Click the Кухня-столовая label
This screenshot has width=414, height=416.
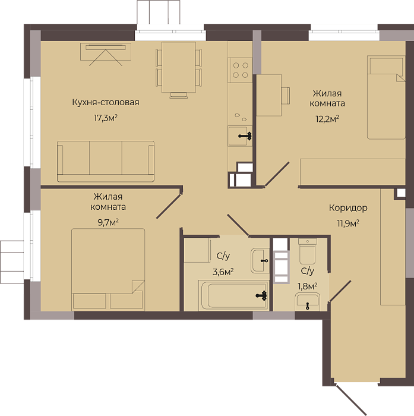tap(106, 102)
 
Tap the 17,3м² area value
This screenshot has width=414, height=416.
tap(106, 118)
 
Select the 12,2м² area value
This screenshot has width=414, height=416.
tap(327, 119)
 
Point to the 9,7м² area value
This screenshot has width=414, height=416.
tap(108, 222)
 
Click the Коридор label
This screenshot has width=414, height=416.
tap(348, 208)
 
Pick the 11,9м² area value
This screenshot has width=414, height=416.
tap(348, 223)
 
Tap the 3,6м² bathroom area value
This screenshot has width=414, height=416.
tap(223, 272)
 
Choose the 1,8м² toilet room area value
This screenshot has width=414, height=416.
tap(308, 286)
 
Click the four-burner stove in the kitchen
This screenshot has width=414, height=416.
tap(241, 70)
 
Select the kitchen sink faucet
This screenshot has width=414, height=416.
tap(245, 136)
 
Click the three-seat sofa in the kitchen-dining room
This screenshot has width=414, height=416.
tap(106, 162)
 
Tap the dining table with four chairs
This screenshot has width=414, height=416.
tap(179, 69)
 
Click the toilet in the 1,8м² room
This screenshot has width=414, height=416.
tap(308, 251)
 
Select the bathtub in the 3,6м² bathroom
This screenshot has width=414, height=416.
tap(234, 295)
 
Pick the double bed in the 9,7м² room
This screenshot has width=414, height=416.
tap(108, 270)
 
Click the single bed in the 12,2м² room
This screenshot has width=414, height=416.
tap(386, 97)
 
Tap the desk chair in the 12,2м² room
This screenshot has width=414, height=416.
tap(286, 96)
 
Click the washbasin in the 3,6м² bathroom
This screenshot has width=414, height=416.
tap(260, 261)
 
